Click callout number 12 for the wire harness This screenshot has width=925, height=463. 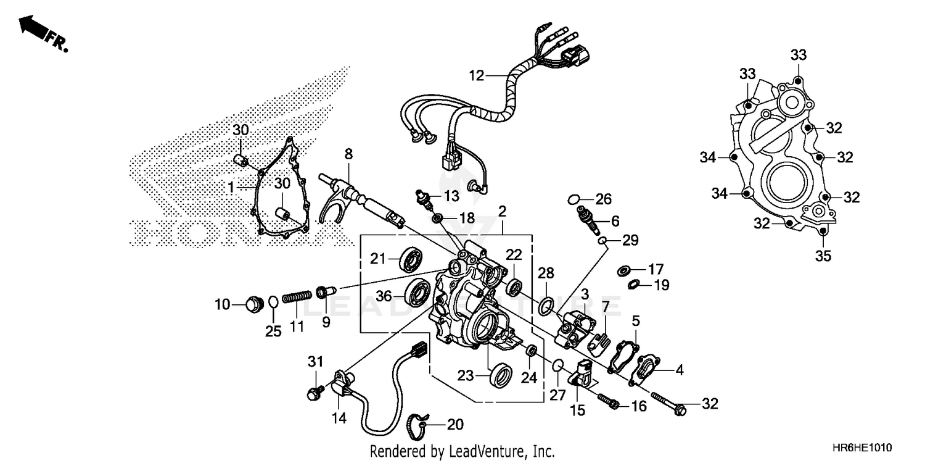476,77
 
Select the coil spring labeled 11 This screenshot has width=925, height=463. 297,298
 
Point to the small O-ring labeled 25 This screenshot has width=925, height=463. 273,301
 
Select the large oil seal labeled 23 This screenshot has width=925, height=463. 500,374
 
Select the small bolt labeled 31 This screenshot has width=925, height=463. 314,392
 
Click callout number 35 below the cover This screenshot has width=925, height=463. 824,255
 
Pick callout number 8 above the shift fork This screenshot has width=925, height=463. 348,154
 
